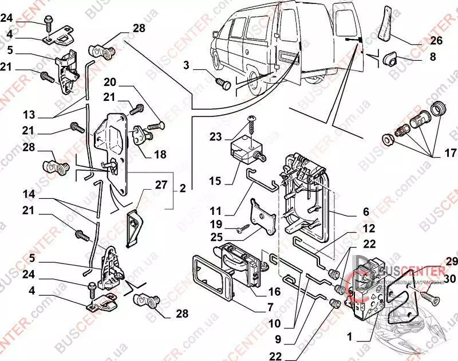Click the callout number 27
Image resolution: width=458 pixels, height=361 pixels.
pyautogui.click(x=160, y=185)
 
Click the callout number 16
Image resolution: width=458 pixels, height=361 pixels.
pyautogui.click(x=274, y=292)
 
